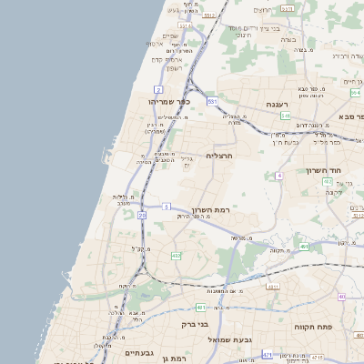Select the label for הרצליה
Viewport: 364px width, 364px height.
221,156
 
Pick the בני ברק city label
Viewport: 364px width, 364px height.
195,323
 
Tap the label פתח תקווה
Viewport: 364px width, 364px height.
310,325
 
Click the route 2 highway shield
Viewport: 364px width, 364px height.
157,90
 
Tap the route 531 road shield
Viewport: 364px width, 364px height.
211,101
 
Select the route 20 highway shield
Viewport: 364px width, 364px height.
142,216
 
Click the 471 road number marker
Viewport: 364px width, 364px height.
267,354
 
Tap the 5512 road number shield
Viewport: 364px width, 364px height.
209,15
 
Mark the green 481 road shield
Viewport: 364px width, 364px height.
302,246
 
